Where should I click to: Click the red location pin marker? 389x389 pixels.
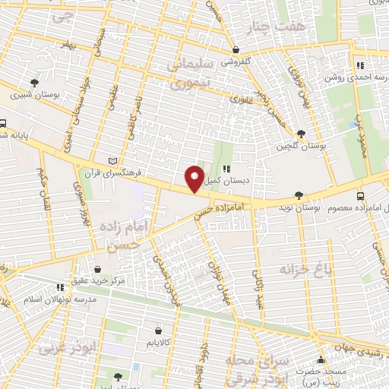pos(194,179)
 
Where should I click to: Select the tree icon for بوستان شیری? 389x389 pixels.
pos(34,83)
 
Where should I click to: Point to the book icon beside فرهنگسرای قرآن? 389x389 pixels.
pos(114,161)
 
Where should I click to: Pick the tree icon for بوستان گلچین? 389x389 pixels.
pos(302,134)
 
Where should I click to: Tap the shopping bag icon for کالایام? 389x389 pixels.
pos(157,331)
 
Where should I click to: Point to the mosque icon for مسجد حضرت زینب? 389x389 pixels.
pos(321,360)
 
